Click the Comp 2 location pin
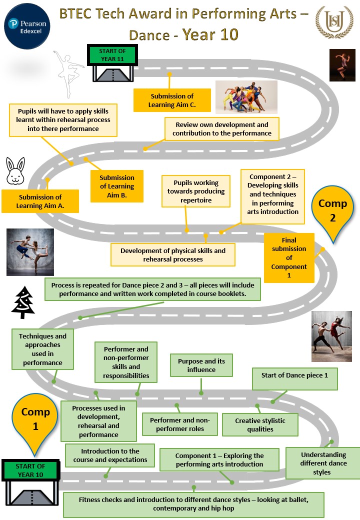[332, 210]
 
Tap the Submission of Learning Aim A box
[40, 201]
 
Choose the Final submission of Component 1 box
[289, 257]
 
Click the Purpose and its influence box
[201, 365]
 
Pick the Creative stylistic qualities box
[260, 425]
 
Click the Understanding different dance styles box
[323, 463]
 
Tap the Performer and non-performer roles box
[180, 424]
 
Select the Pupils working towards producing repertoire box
[196, 191]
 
